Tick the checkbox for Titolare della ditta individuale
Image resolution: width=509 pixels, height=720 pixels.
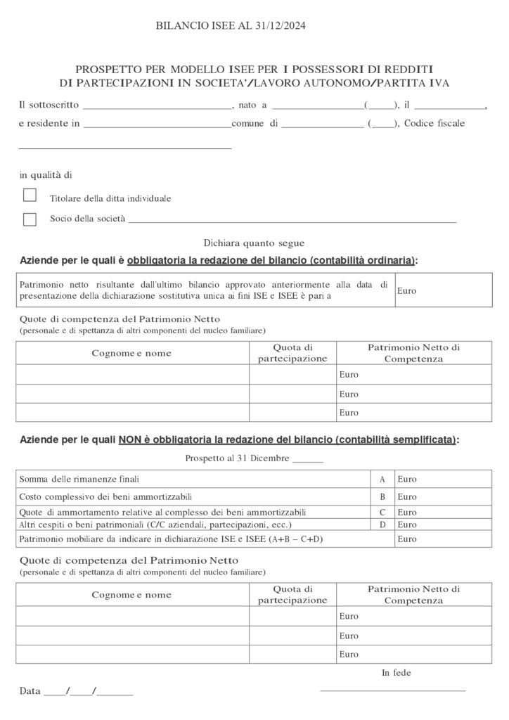click(x=30, y=195)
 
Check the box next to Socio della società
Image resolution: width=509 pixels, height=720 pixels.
click(x=30, y=219)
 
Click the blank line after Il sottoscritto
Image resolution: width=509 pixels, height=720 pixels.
click(x=157, y=107)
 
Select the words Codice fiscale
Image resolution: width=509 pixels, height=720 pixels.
click(x=434, y=123)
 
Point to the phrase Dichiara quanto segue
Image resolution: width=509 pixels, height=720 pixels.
click(x=254, y=243)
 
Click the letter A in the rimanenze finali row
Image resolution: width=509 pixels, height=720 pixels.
click(x=382, y=480)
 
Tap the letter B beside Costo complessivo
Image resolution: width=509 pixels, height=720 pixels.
click(x=382, y=497)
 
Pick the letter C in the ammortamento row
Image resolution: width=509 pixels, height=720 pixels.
click(x=382, y=513)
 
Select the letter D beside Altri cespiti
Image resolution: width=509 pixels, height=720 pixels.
click(x=382, y=525)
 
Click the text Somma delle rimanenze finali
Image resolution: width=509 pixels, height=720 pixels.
click(x=79, y=480)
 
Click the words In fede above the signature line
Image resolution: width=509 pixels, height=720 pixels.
click(x=397, y=673)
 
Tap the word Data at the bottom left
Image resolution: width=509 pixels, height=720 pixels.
click(x=30, y=691)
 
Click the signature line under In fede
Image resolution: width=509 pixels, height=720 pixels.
click(x=393, y=690)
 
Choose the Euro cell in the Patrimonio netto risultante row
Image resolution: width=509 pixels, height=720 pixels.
click(x=443, y=290)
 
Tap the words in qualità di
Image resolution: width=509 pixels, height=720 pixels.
click(x=46, y=175)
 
